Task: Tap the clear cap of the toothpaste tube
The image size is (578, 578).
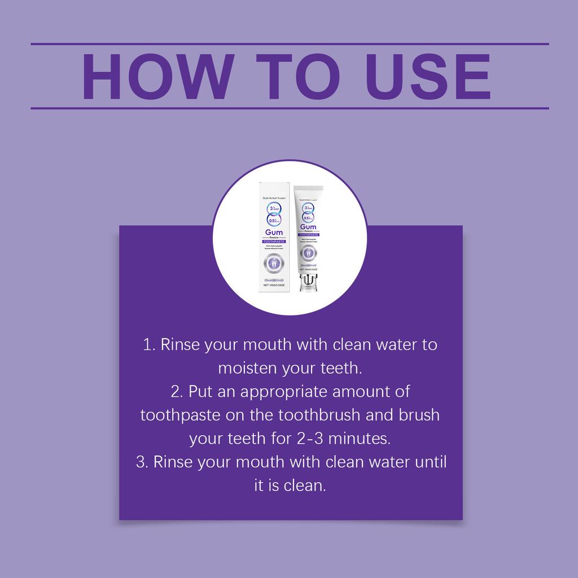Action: pos(308,282)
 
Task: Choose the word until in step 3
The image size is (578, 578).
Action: pos(430,462)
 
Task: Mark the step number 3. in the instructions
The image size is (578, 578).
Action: pos(142,462)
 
